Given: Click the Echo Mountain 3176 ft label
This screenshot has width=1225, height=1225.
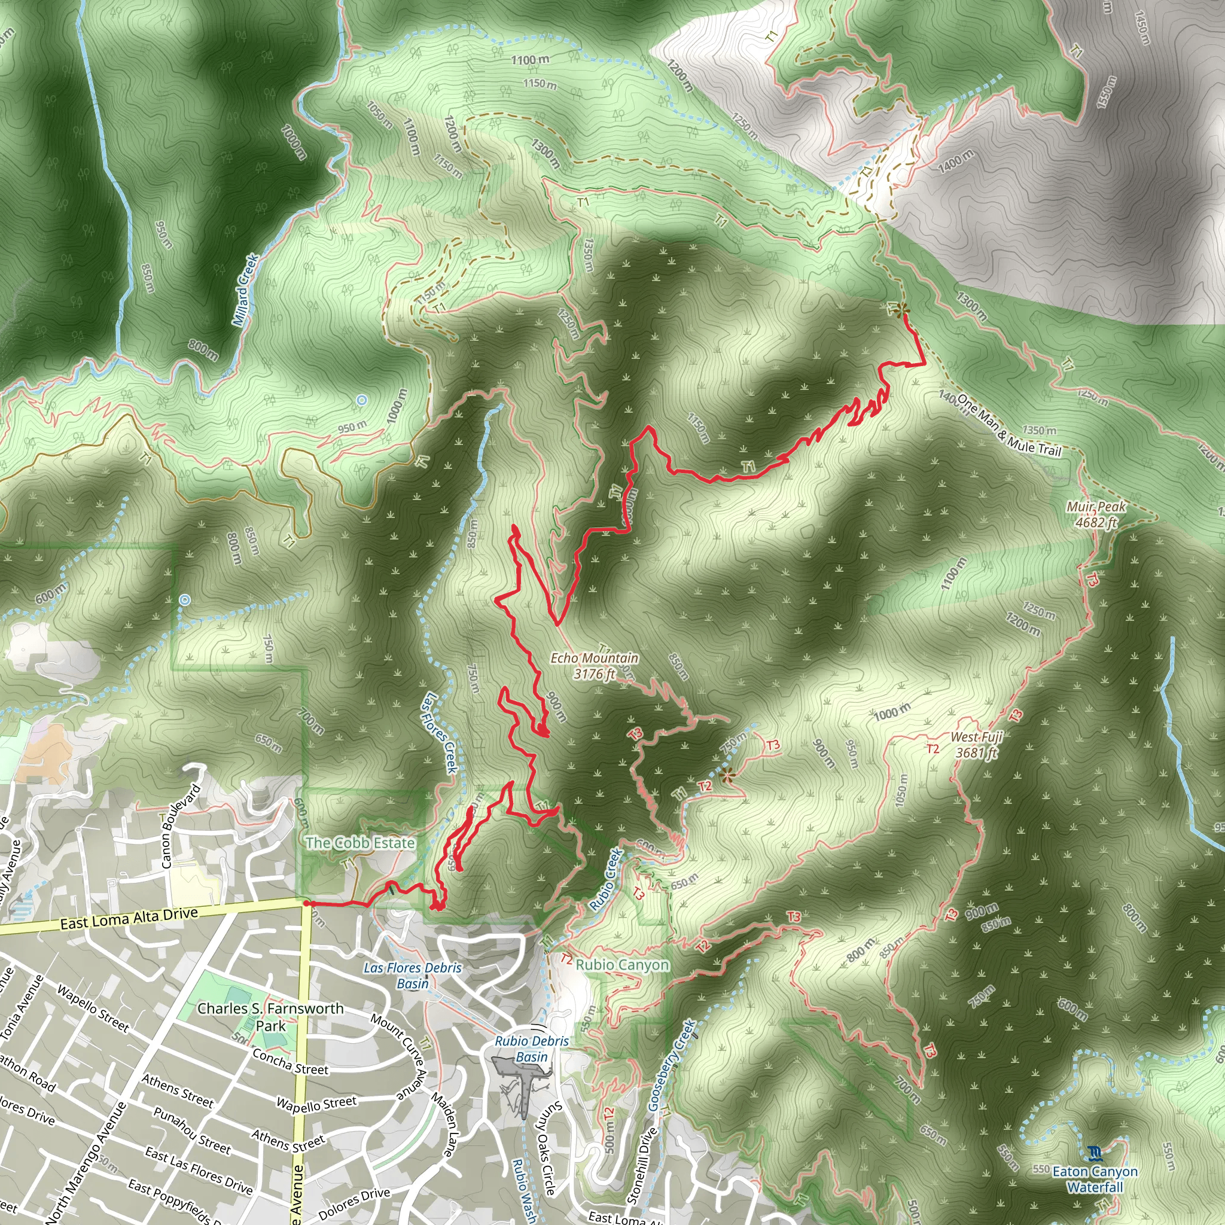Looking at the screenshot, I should [593, 666].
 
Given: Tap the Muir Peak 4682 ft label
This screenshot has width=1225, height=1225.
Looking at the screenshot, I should [1096, 514].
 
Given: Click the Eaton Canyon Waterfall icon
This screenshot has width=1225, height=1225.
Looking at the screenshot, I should [1094, 1152].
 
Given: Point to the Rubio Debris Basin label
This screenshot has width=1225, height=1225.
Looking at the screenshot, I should [531, 1049].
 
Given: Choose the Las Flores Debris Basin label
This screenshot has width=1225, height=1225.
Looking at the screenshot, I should [413, 976].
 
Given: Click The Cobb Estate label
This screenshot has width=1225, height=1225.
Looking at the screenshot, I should [360, 843].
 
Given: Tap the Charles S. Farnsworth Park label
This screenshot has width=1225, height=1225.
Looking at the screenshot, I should [271, 1016].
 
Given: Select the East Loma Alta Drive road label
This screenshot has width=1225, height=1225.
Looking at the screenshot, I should [129, 918].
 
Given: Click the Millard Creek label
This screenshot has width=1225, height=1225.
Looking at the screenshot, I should [245, 290].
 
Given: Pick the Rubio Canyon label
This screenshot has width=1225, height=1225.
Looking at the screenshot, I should [622, 965].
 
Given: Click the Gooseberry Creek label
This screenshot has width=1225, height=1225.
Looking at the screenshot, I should [671, 1065].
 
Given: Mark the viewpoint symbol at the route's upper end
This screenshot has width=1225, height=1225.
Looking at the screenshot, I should [901, 309].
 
